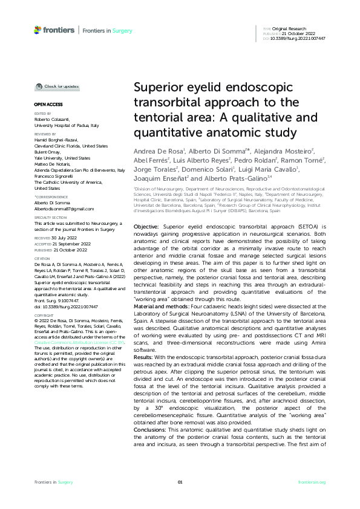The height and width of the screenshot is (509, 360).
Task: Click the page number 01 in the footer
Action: click(x=180, y=482)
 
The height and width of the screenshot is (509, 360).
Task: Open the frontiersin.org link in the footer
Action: click(x=313, y=482)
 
